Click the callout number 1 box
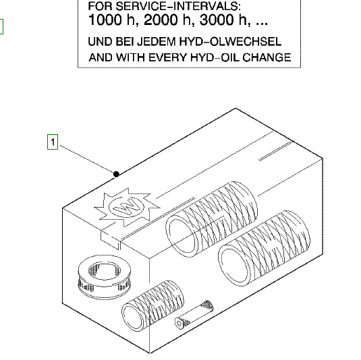[x=53, y=142]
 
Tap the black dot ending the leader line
[x=116, y=174]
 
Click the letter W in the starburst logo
[x=126, y=207]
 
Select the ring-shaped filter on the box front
[x=105, y=276]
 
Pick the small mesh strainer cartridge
[x=194, y=314]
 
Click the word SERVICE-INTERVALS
[x=177, y=6]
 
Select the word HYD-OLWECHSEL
[x=230, y=42]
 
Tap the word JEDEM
[x=157, y=42]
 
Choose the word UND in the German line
[x=100, y=42]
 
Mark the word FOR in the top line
[x=100, y=6]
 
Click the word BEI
[x=124, y=42]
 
